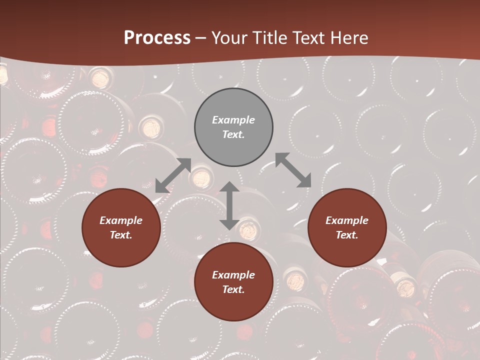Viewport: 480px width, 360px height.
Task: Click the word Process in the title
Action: pyautogui.click(x=157, y=38)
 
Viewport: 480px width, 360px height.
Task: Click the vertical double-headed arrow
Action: pyautogui.click(x=229, y=205)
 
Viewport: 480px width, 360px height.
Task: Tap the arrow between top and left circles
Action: pyautogui.click(x=173, y=175)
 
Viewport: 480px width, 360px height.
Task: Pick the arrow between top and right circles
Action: pyautogui.click(x=293, y=170)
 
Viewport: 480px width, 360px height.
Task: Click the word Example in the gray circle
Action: pyautogui.click(x=233, y=120)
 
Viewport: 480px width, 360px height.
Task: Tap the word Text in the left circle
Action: pyautogui.click(x=121, y=235)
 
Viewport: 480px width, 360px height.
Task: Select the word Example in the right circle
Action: pyautogui.click(x=347, y=220)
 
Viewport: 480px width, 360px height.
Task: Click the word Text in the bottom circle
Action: pyautogui.click(x=233, y=289)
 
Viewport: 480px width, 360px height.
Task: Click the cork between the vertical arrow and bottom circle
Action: pyautogui.click(x=249, y=230)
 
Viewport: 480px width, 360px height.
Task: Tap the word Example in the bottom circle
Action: pyautogui.click(x=233, y=275)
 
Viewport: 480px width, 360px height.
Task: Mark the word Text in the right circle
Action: pyautogui.click(x=347, y=235)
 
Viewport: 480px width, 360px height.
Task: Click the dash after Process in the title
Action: pyautogui.click(x=201, y=38)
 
